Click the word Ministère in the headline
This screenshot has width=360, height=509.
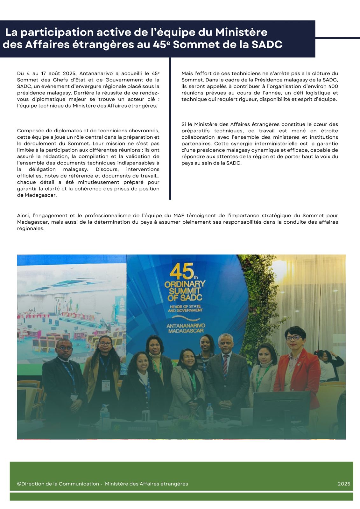(241, 32)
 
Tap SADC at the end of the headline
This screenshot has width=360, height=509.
(267, 45)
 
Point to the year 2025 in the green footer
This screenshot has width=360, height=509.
(344, 484)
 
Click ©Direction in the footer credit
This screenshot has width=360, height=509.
(31, 484)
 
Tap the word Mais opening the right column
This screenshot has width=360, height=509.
(187, 73)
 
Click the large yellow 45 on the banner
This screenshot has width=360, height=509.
(181, 272)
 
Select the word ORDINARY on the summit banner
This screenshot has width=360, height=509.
(185, 283)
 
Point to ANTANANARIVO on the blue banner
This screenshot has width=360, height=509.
(186, 326)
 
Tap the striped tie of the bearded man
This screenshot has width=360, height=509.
(225, 366)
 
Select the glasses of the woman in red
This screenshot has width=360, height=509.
(293, 338)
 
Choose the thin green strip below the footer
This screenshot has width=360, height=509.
(181, 497)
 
